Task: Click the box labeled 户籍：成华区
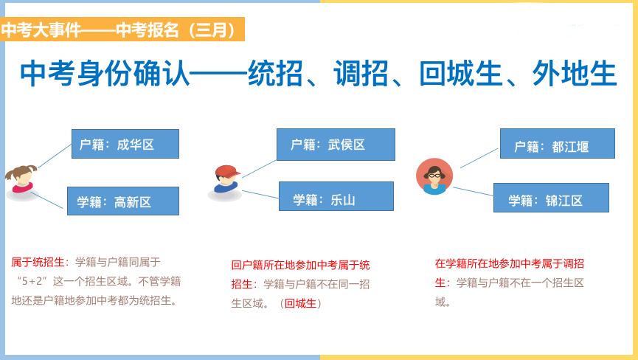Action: coord(125,144)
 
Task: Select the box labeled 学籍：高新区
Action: coord(123,201)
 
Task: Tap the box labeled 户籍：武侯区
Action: coord(336,145)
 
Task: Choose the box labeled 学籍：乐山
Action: coord(336,196)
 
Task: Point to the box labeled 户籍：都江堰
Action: coord(558,144)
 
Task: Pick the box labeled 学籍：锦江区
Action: coord(551,198)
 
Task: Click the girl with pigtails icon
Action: coord(21,182)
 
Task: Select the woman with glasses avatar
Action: coord(434,176)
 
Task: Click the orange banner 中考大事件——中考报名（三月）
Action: coord(122,30)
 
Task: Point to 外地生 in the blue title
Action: coord(575,74)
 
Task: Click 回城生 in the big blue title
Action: coord(461,74)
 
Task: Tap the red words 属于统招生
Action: coord(38,263)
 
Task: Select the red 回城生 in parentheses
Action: coord(300,303)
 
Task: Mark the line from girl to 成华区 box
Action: coord(55,156)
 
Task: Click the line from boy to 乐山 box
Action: coord(260,195)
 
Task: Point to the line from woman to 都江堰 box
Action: coord(479,158)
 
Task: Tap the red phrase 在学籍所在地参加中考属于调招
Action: coord(510,263)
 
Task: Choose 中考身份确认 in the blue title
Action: coord(105,74)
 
